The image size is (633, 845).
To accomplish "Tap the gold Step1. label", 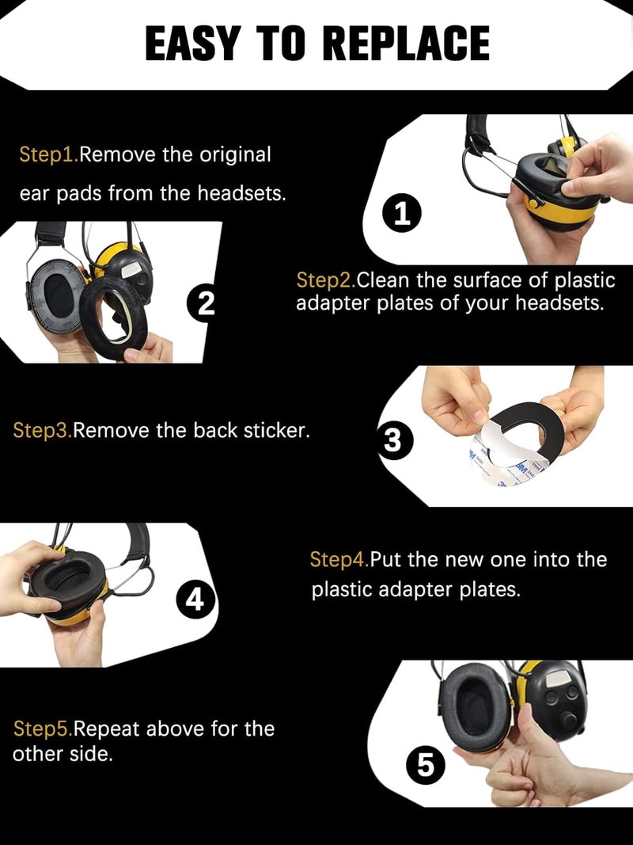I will point(48,154).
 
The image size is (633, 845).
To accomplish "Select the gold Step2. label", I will point(325,280).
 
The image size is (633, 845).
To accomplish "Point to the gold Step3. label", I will point(43,431).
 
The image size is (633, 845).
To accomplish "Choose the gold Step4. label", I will point(339,560).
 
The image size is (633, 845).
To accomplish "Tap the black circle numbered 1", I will point(403,215).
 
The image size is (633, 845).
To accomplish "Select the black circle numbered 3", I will point(393,441).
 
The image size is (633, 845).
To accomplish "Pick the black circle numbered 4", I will point(195,602).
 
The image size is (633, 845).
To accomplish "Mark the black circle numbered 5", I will point(425,765).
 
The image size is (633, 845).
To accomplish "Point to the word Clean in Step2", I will point(381,280).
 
